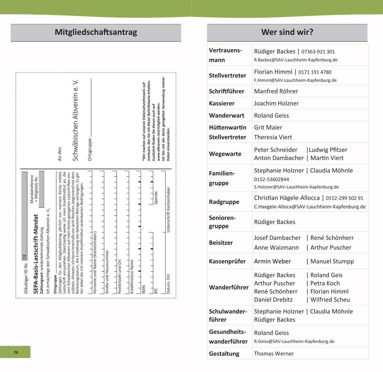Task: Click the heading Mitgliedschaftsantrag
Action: point(96,32)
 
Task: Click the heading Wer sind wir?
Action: point(287,32)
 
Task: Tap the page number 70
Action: point(16,352)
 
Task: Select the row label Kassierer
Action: point(222,103)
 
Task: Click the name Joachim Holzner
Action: point(276,103)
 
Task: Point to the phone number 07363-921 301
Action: point(318,52)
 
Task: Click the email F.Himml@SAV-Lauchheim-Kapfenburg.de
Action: point(295,81)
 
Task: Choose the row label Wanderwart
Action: point(227,115)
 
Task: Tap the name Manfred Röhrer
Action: point(276,91)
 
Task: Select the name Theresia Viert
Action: point(273,137)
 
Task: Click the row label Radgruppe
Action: point(224,202)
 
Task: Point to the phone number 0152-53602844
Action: point(272,180)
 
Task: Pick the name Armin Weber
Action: point(272,261)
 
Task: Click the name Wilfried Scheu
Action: point(330,300)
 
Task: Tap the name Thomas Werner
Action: point(274,354)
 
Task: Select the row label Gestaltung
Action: point(224,354)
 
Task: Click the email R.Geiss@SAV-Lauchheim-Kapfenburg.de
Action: point(294,342)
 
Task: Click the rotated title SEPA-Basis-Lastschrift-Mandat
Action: point(36,254)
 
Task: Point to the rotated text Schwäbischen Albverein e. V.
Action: point(76,120)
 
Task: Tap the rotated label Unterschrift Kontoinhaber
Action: point(168,210)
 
